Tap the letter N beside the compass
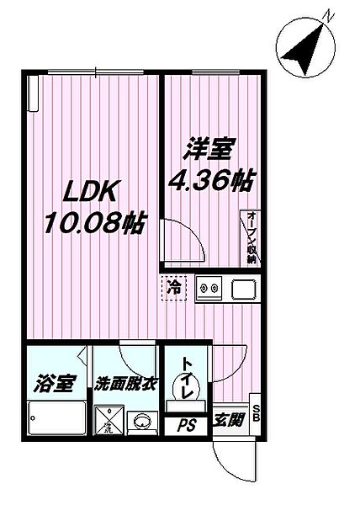pos(331,14)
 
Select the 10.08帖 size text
pos(93,224)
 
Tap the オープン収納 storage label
pos(251,237)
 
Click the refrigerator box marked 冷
pos(175,289)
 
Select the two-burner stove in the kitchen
pos(208,290)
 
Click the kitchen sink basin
pos(241,290)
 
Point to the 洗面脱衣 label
pos(125,385)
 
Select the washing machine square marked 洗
pos(109,418)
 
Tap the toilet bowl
pos(182,389)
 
